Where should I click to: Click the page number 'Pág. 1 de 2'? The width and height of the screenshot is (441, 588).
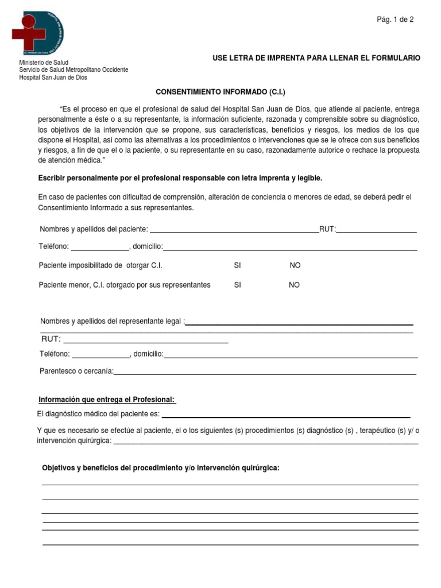click(x=395, y=20)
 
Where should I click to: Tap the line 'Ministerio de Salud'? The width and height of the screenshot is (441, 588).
click(x=44, y=62)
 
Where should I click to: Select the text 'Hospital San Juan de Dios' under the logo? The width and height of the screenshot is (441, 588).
click(x=53, y=78)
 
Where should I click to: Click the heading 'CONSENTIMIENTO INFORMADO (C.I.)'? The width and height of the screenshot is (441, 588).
click(x=221, y=92)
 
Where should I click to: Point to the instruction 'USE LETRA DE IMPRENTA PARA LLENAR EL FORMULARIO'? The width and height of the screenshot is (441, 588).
click(x=316, y=58)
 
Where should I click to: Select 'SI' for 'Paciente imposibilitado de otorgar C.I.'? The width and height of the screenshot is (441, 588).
click(x=237, y=265)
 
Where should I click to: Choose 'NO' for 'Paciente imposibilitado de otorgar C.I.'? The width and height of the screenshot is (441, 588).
click(x=295, y=265)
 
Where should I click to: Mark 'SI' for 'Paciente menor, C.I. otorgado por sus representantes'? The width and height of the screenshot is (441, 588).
click(x=237, y=285)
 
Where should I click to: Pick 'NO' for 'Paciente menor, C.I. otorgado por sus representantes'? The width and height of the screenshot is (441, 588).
click(x=294, y=285)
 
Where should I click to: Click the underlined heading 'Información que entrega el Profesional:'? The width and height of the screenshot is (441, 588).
click(x=107, y=400)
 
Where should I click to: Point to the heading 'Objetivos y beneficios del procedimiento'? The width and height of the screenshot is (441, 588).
click(x=161, y=468)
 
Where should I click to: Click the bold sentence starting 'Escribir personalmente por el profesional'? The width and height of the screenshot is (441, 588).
click(x=180, y=179)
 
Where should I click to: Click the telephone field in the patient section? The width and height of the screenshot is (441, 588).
click(x=100, y=247)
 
